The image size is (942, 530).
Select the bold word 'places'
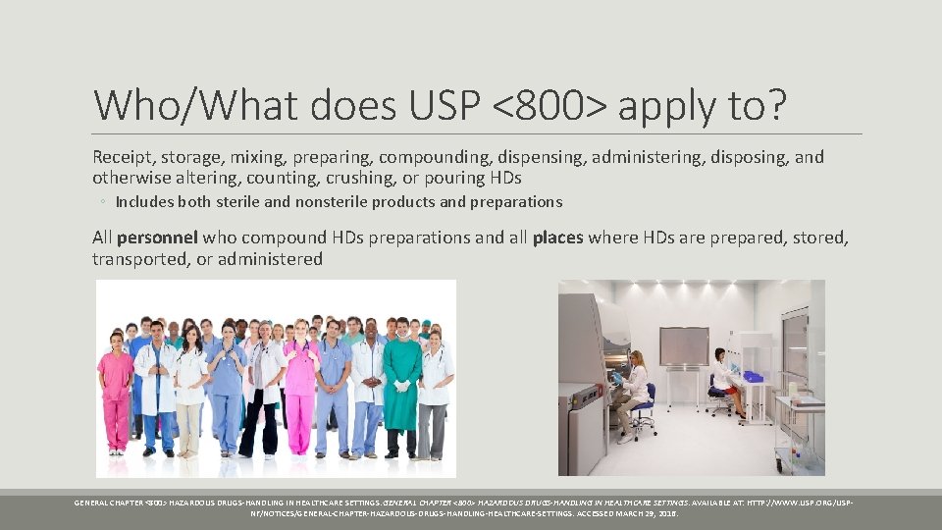coord(557,238)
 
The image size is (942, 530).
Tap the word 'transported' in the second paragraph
coord(138,259)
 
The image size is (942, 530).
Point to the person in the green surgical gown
coord(401,388)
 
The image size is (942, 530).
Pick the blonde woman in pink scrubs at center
coord(299,388)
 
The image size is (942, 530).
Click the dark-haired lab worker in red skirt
coord(724,378)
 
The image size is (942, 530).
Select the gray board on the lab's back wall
coord(683,345)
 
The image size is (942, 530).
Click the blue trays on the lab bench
coord(752,376)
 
